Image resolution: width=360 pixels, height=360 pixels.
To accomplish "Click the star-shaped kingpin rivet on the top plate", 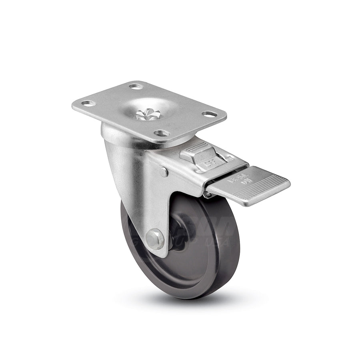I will click(148, 114).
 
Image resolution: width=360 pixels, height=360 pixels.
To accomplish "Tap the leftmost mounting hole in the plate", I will click(88, 103).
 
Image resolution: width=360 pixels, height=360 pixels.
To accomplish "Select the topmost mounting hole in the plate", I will click(136, 86).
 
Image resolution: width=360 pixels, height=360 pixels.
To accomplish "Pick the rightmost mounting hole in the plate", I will click(209, 114).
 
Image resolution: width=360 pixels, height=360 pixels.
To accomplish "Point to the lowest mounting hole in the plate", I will click(162, 133).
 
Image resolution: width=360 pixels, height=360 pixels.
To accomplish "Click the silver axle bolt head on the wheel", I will click(155, 239).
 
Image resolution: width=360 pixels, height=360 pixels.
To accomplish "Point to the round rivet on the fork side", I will click(163, 172).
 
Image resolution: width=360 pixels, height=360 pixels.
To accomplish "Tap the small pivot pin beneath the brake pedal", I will click(208, 195).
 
